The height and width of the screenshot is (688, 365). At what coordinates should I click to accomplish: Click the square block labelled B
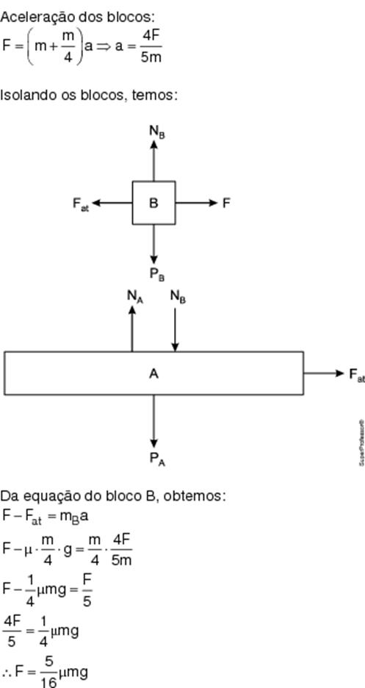(x=153, y=203)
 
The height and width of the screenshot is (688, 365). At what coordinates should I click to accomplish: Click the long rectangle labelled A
(x=153, y=373)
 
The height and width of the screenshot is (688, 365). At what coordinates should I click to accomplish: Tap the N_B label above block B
(x=157, y=131)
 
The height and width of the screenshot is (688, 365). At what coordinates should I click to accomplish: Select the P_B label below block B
(x=157, y=274)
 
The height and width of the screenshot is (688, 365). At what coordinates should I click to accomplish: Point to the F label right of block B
(x=226, y=203)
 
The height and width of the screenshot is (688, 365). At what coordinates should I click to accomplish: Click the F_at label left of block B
(x=81, y=204)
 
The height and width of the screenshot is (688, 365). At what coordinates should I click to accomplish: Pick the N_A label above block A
(x=135, y=297)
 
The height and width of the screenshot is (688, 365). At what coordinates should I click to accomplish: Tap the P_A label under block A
(x=157, y=459)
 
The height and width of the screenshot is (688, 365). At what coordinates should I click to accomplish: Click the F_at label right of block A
(x=357, y=375)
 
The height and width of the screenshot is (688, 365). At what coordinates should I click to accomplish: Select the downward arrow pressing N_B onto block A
(x=176, y=329)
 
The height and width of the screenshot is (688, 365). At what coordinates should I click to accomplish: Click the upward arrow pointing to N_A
(x=132, y=329)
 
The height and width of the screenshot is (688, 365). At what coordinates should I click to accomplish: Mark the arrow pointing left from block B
(x=112, y=203)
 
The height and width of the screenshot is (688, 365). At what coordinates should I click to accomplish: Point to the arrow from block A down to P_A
(x=153, y=421)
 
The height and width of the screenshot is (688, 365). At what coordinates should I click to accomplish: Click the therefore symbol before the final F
(x=7, y=672)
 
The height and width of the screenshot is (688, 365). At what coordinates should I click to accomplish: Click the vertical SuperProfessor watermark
(x=362, y=442)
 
